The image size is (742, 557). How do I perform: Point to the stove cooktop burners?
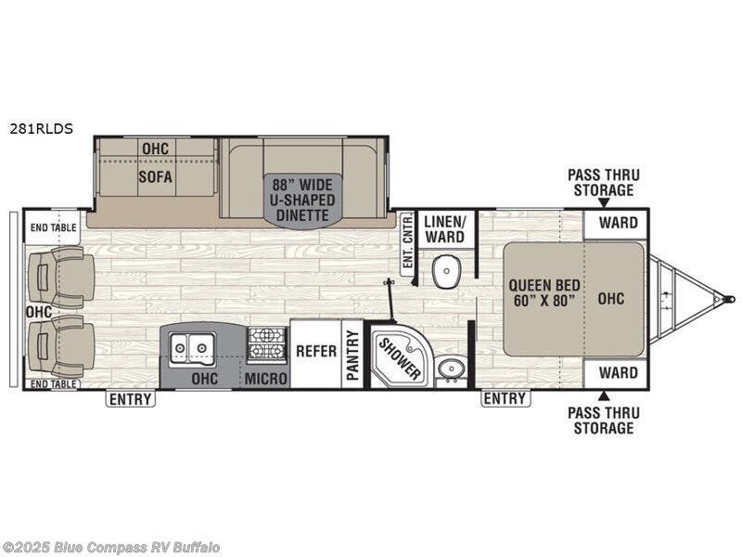267,344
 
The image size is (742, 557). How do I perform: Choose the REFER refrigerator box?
315,352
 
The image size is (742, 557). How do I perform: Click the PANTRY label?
352,354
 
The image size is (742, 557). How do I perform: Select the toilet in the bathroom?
447,271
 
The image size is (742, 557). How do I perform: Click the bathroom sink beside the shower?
451,369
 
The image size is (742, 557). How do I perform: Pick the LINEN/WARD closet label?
445,228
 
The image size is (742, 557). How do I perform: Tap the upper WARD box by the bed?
618,223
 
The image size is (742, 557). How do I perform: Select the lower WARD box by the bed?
618,373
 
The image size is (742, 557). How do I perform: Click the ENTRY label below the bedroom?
505,399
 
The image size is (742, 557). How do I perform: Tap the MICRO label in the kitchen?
267,379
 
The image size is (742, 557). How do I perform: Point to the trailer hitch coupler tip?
730,300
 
